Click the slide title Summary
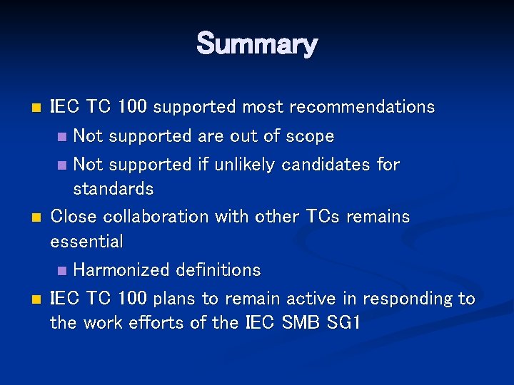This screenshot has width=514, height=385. (x=256, y=44)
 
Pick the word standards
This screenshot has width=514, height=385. (x=113, y=189)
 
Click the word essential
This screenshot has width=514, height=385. (x=86, y=242)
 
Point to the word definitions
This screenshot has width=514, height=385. (x=218, y=270)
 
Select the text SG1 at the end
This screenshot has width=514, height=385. (x=343, y=323)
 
